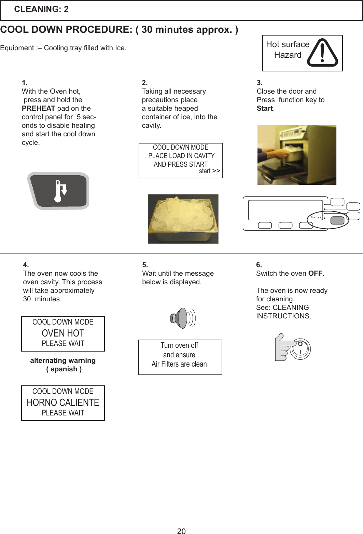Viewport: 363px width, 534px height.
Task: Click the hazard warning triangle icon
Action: pos(322,53)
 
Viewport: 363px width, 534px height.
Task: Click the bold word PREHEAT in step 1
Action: pos(38,108)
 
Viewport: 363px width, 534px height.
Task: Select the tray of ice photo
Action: pos(183,219)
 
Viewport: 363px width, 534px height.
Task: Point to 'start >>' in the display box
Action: pos(209,171)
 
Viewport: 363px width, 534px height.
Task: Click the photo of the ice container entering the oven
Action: pos(296,155)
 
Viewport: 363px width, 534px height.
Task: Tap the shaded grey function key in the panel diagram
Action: pos(337,220)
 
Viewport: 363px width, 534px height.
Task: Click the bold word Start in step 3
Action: pos(265,108)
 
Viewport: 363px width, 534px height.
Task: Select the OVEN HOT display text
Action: pos(63,333)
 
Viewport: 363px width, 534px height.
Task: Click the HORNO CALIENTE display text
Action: pos(63,402)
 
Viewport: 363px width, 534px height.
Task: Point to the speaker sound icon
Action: pos(182,318)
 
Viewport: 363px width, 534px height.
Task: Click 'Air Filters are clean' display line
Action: pos(179,364)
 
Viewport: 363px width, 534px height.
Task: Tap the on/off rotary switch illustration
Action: pos(300,348)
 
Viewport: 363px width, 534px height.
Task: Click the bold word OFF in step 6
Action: pos(315,273)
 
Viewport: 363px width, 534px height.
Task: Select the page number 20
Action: pos(181,531)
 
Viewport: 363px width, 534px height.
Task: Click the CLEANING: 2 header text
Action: pos(41,9)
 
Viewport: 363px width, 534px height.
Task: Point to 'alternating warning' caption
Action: pos(63,360)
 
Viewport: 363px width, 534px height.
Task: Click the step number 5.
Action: pos(145,265)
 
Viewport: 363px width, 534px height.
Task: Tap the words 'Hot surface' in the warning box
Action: pos(288,44)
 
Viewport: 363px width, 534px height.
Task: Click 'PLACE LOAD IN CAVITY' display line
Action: pos(181,156)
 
